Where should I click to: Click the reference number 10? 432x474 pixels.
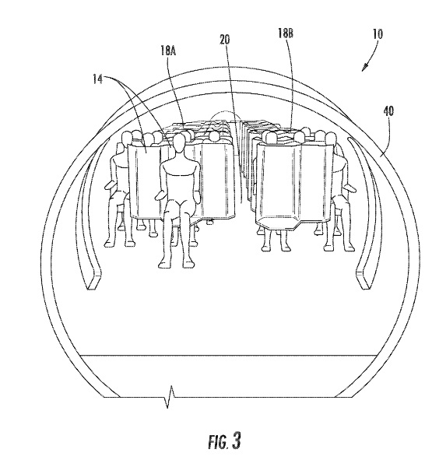(x=378, y=34)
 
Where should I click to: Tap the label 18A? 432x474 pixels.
(x=168, y=51)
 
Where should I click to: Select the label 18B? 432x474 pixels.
(x=286, y=33)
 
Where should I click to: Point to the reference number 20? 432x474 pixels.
(x=225, y=39)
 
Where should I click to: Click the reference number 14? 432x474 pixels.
(x=97, y=79)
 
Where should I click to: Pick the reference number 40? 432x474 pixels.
(x=388, y=111)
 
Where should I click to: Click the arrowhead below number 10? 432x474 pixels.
(x=365, y=68)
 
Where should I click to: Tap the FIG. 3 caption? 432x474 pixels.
(x=224, y=441)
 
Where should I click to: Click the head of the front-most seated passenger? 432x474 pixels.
(x=179, y=143)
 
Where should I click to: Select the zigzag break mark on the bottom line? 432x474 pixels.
(x=170, y=396)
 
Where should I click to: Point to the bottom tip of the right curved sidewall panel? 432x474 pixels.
(x=368, y=287)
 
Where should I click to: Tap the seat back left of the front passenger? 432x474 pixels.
(x=145, y=181)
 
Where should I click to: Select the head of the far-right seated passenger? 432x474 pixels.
(x=331, y=139)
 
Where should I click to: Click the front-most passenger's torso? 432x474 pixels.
(x=180, y=179)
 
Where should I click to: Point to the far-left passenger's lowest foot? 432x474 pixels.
(x=108, y=242)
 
